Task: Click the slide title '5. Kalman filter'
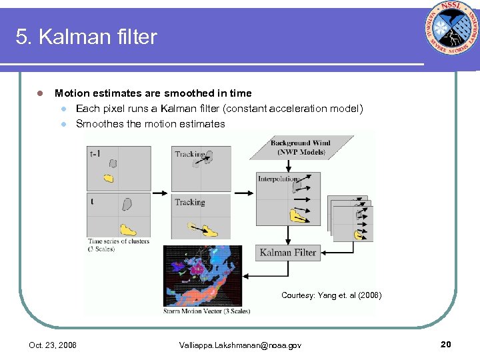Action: (x=87, y=37)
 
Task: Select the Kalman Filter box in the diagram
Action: (x=287, y=253)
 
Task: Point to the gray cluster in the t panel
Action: (x=126, y=204)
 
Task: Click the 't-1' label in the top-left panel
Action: (x=95, y=153)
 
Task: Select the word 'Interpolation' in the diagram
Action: (x=278, y=179)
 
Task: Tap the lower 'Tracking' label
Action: (x=189, y=202)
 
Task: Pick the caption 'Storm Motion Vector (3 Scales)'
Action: (x=207, y=311)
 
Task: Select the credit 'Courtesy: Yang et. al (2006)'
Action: (x=331, y=295)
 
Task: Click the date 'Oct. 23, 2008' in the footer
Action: (x=53, y=345)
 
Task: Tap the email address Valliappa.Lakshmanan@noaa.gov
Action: (x=240, y=345)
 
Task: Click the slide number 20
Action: (x=446, y=344)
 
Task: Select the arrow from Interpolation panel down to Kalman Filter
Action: (x=287, y=235)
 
